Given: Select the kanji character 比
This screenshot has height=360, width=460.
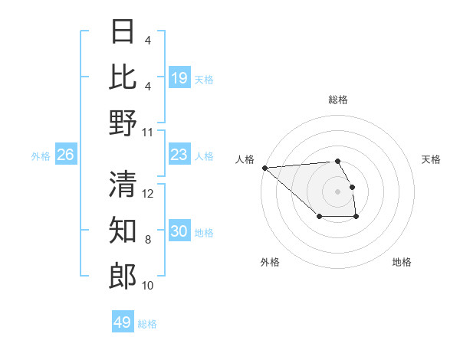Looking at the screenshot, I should (x=123, y=77).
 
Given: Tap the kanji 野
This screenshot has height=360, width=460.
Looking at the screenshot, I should (x=123, y=123).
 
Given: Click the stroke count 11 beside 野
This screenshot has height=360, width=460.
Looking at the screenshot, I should (x=148, y=132).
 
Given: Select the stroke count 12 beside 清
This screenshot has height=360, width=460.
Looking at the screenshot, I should (x=148, y=194).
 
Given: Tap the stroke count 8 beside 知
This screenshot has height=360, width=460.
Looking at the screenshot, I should (x=148, y=240).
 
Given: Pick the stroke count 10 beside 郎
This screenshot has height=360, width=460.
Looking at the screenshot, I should (x=148, y=286).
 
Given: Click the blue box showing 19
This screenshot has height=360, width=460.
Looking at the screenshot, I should (x=179, y=77).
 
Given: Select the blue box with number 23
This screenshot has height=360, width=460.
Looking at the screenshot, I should (x=179, y=155).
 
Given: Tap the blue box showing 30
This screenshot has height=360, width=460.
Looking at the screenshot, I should (x=179, y=231).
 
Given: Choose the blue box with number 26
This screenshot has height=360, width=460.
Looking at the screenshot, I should (x=65, y=155).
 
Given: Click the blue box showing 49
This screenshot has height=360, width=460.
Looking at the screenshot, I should (x=123, y=322).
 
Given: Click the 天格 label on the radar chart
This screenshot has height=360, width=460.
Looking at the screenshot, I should (x=431, y=159).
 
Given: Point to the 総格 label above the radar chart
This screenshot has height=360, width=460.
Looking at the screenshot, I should (x=338, y=100).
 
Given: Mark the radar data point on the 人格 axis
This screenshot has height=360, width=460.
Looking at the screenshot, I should (x=264, y=168).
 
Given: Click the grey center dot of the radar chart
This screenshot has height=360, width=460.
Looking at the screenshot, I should (x=338, y=191).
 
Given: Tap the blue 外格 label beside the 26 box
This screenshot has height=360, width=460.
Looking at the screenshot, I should (x=41, y=155).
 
